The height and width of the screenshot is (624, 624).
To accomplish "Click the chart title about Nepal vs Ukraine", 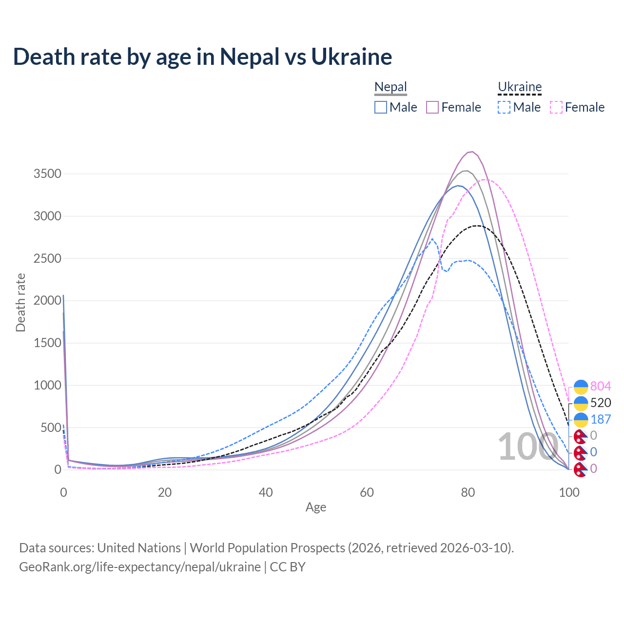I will coord(202,57).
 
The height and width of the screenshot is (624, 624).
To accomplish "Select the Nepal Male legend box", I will coord(381,107).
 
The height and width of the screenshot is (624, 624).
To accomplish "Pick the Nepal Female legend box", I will coord(433,107).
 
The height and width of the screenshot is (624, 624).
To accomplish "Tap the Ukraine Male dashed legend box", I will coord(504,107).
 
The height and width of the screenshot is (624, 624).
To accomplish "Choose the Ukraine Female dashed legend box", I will coord(556,107).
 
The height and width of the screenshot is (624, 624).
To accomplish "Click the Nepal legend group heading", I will coord(390,87).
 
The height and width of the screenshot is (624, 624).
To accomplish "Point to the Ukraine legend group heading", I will coord(520,87).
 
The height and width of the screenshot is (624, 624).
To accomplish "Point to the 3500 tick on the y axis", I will coord(47,174).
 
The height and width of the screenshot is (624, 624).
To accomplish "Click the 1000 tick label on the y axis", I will coord(47,385).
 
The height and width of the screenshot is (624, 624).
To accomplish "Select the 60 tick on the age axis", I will coord(367,492).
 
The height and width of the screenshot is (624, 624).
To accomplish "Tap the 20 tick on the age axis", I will coord(165,492).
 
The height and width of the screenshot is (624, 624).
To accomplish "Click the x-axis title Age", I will coord(316,507).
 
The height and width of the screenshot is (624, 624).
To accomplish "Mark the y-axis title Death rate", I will coord(20,302).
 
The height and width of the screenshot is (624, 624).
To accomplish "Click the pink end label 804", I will coord(601,387).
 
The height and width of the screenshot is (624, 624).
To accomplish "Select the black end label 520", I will coord(601,403).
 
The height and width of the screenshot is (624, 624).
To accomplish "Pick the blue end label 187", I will coord(601,419).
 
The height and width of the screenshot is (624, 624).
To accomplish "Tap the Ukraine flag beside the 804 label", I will coord(581,387).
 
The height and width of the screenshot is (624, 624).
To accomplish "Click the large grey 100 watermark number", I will coord(527,447).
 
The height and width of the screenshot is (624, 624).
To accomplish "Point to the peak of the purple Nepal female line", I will coord(471,152).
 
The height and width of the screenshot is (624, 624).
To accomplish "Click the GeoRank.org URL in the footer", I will coord(140,567).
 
